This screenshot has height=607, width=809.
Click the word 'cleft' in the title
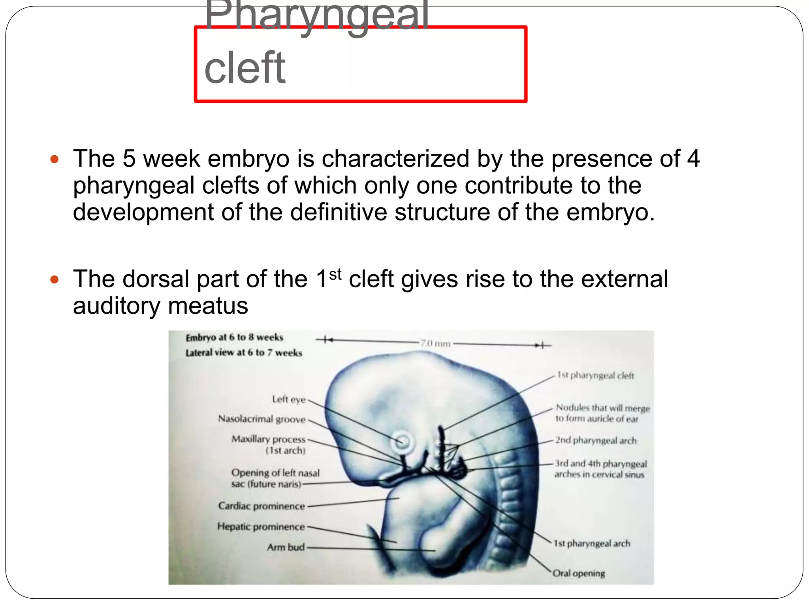click(245, 68)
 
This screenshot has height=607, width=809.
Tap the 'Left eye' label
click(289, 400)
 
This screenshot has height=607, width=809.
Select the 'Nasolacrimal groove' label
click(262, 419)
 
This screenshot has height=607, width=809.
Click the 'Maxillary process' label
click(269, 439)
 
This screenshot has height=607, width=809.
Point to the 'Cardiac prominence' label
click(262, 506)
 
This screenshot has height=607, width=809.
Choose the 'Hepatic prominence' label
click(261, 527)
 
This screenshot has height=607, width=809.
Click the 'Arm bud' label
click(286, 547)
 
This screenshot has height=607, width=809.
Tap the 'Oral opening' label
click(579, 573)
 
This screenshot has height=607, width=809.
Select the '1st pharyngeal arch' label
click(592, 543)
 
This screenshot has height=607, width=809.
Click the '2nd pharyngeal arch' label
click(596, 440)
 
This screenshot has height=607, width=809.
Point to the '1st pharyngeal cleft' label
click(595, 375)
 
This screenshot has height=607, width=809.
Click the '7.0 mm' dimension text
click(435, 343)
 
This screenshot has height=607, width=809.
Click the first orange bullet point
click(55, 160)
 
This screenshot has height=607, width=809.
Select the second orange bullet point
click(55, 280)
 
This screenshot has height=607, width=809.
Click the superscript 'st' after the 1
click(335, 274)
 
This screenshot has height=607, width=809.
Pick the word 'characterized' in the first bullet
click(395, 159)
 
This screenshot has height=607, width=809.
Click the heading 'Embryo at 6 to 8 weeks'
click(234, 337)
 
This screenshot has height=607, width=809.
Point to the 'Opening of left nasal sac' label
click(275, 478)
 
